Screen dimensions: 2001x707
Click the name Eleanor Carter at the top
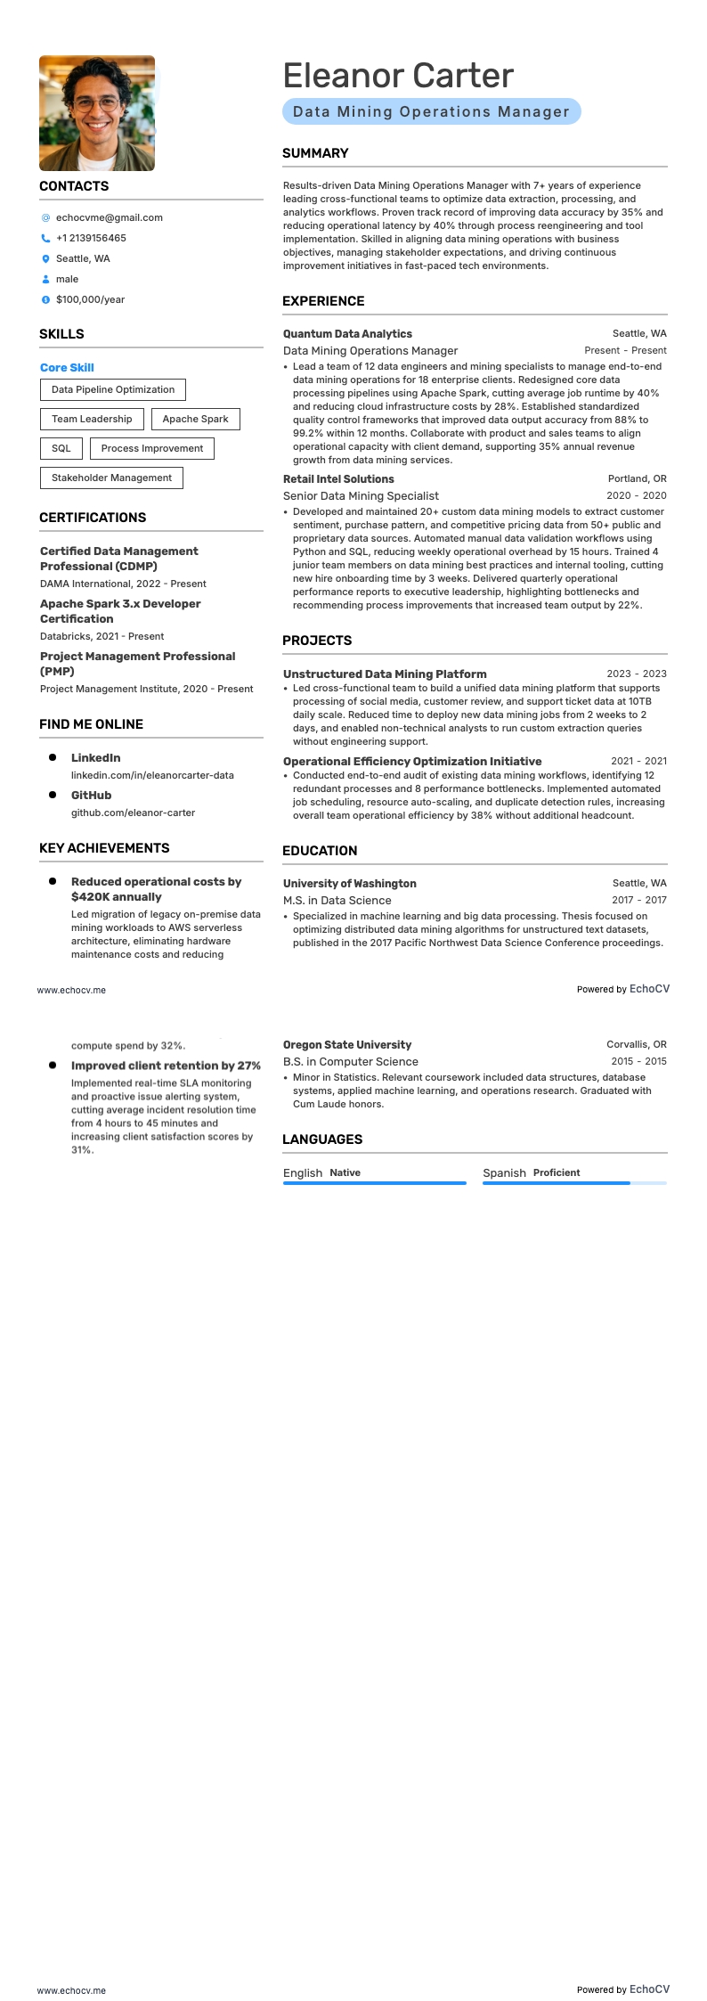398,76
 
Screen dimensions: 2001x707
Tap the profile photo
97,113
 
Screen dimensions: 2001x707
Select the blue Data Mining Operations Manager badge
431,111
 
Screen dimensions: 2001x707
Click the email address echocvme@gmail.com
109,217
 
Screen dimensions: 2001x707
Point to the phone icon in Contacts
45,238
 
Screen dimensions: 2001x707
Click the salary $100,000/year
90,299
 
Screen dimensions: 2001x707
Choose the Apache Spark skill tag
195,419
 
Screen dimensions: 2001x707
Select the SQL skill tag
61,448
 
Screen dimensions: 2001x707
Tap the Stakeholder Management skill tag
111,478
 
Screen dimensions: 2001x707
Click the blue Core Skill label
67,367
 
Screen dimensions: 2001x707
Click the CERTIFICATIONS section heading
93,518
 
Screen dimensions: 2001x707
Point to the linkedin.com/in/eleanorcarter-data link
152,775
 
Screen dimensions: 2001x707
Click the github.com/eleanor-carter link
133,813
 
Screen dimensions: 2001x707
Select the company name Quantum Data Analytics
347,333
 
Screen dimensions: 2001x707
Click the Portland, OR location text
637,478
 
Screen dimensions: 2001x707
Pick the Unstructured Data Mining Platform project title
385,674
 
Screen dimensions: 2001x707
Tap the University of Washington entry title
349,883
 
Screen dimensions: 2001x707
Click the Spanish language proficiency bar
574,1183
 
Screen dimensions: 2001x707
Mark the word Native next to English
345,1172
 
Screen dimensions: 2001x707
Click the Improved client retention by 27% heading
166,1066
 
